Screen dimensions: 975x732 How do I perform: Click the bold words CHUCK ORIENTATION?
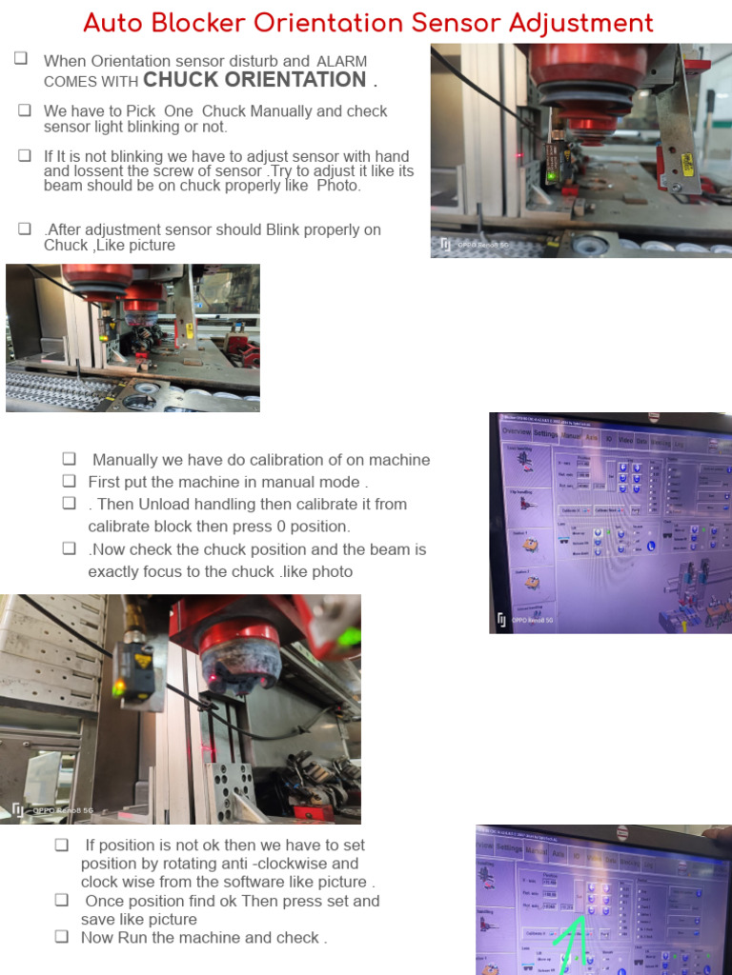[x=254, y=80]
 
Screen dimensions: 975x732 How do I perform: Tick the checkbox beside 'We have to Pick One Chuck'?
[x=25, y=110]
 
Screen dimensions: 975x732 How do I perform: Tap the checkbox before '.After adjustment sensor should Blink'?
[x=25, y=229]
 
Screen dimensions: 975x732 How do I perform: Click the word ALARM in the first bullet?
[x=341, y=61]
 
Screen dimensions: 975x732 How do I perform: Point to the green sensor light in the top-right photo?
[x=550, y=175]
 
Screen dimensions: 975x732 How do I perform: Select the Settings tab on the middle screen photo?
[x=545, y=433]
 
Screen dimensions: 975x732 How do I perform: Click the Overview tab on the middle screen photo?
[x=516, y=431]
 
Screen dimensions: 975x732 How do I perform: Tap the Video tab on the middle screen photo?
[x=625, y=440]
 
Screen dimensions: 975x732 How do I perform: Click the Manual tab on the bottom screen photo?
[x=537, y=850]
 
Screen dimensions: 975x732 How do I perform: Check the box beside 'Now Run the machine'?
[x=62, y=937]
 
